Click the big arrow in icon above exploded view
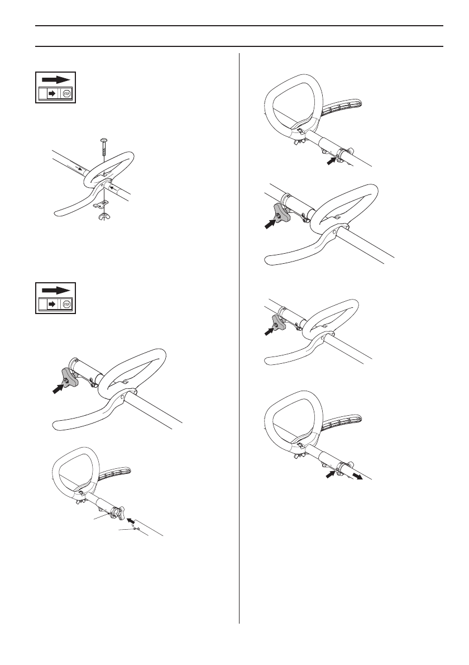click(57, 79)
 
